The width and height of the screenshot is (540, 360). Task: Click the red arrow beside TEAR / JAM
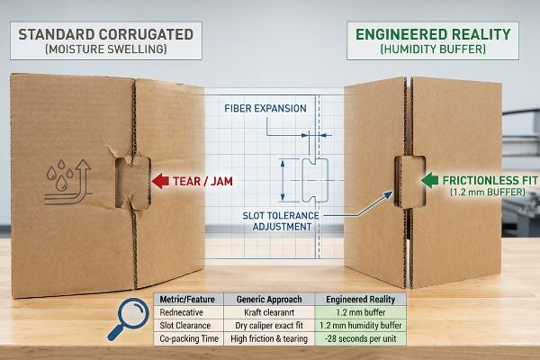point(160,181)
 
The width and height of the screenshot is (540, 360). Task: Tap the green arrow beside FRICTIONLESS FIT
point(429,180)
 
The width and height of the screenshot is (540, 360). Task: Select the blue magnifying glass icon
point(128,319)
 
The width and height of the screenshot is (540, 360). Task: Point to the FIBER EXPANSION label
point(265,109)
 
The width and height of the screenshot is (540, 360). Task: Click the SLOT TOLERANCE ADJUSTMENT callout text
point(281,221)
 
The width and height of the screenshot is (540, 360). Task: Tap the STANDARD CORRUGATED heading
point(105,34)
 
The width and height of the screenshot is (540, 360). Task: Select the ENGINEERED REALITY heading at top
point(433,34)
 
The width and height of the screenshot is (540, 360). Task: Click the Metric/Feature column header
point(187,300)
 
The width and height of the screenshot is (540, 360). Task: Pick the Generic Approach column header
point(269,300)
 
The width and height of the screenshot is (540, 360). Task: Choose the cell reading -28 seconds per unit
point(361,338)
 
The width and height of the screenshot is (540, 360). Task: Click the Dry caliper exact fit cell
point(269,326)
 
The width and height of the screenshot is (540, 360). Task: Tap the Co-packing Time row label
point(189,338)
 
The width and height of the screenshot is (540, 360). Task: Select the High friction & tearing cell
point(269,338)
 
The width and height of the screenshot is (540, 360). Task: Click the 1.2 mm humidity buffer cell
point(361,326)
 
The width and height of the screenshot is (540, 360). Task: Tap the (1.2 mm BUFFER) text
point(488,192)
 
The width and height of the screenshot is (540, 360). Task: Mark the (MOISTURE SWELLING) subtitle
point(105,49)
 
